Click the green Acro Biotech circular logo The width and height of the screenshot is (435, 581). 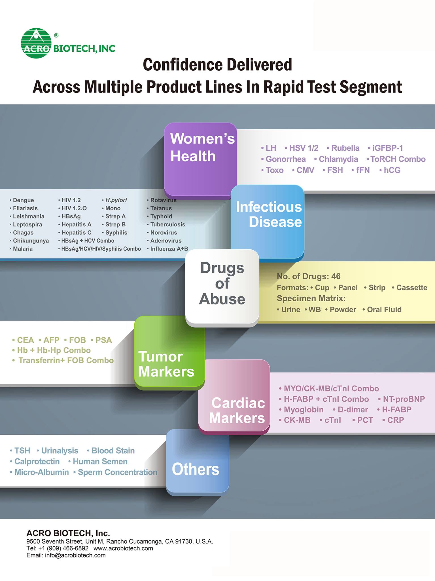[x=36, y=43]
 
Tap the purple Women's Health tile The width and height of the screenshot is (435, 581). [x=200, y=159]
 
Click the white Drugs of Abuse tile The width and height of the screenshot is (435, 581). [x=222, y=285]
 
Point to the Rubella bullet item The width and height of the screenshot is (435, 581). [x=345, y=148]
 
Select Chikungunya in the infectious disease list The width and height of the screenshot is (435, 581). [x=31, y=241]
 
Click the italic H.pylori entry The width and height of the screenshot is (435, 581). [x=116, y=200]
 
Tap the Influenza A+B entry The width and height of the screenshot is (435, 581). [x=169, y=249]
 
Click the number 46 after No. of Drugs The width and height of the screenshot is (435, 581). [x=336, y=276]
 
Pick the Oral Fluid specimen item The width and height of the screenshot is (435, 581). [x=384, y=310]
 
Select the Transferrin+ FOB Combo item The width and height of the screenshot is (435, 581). [x=66, y=360]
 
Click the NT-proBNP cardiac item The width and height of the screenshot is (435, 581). [x=404, y=399]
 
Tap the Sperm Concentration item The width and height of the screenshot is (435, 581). [x=117, y=472]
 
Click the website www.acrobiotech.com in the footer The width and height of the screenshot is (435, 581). [x=123, y=548]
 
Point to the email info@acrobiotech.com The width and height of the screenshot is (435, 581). [x=75, y=555]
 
